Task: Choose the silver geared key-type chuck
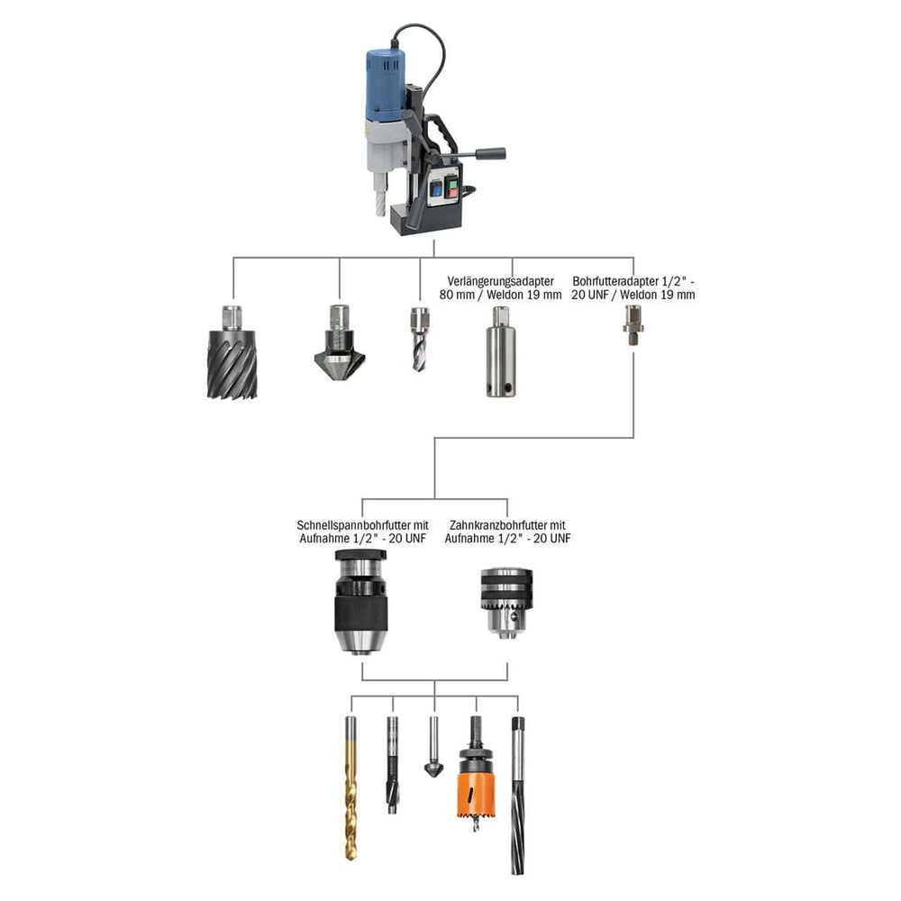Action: pyautogui.click(x=506, y=604)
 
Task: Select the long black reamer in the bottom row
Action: pyautogui.click(x=516, y=793)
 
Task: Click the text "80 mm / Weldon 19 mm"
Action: pyautogui.click(x=501, y=295)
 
